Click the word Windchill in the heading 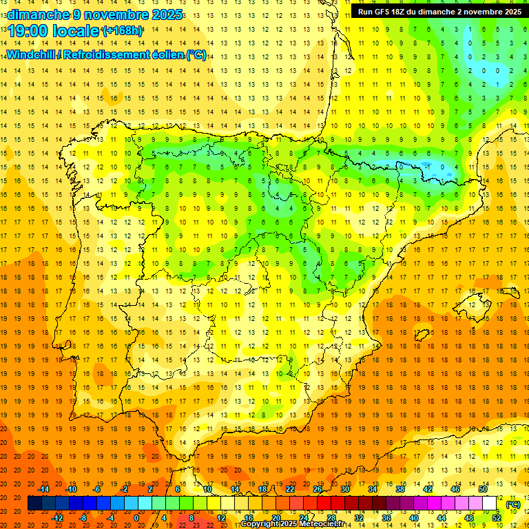(x=29, y=54)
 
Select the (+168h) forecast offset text (x=123, y=31)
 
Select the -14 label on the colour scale (x=43, y=489)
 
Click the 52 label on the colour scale (x=497, y=517)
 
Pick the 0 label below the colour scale (x=136, y=517)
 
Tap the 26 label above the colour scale (x=318, y=489)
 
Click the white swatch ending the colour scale (x=489, y=504)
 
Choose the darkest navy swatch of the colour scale (x=34, y=504)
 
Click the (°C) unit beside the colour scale (x=513, y=504)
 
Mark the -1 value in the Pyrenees (x=427, y=167)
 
